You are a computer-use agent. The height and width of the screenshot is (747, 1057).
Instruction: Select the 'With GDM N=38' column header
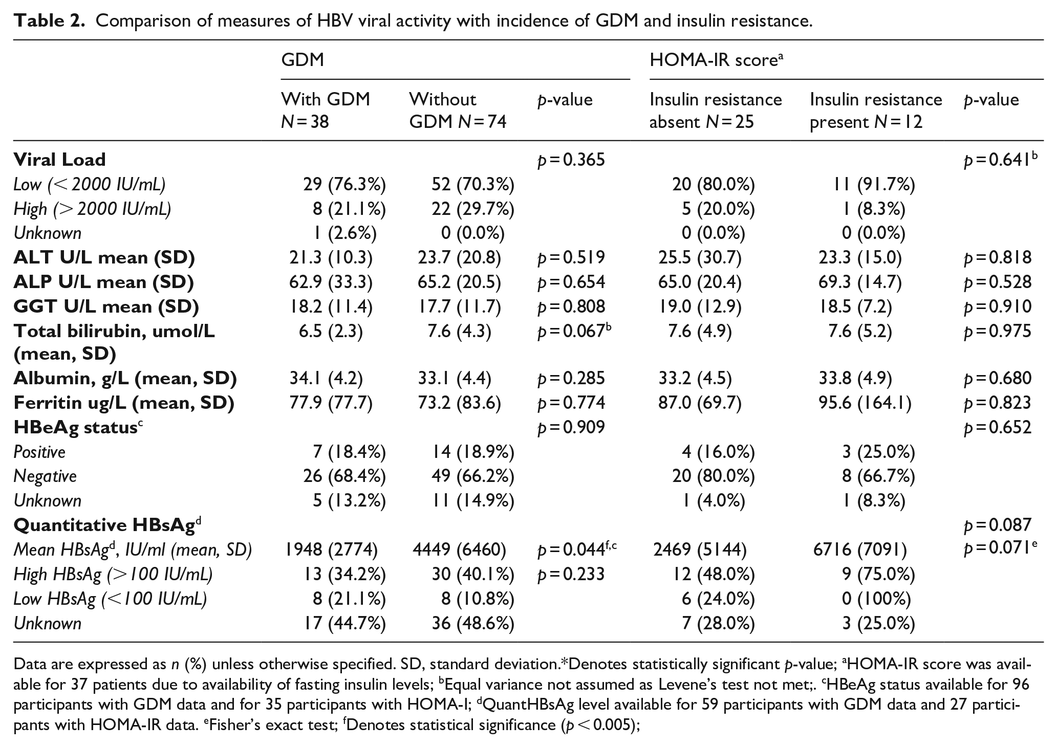326,110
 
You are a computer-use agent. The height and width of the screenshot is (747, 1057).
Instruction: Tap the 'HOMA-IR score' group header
717,60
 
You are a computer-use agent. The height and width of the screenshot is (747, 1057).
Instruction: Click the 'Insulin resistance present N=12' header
876,110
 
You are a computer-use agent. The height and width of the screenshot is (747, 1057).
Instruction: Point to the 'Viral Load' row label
59,160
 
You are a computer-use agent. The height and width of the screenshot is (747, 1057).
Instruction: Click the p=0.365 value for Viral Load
571,160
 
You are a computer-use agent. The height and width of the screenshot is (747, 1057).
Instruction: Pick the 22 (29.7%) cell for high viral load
472,209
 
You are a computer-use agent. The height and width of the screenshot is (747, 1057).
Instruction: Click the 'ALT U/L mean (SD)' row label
104,257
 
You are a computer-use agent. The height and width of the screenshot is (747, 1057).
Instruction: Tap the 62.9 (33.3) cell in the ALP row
330,282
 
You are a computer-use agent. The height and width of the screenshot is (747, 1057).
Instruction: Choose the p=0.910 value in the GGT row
997,307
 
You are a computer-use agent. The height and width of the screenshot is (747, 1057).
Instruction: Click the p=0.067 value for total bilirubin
574,332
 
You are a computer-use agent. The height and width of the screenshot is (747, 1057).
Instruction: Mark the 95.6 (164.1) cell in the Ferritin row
865,403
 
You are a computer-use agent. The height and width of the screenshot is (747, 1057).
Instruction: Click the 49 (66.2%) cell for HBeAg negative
472,476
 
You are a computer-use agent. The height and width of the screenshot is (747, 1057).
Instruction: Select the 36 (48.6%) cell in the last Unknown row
472,624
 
